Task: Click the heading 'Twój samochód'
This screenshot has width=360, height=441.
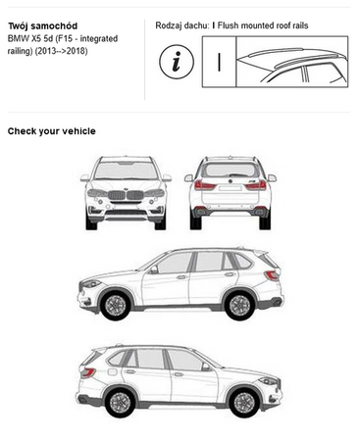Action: [x=42, y=26]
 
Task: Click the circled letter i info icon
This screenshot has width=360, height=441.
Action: [x=177, y=62]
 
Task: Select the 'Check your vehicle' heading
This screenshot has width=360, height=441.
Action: [x=52, y=131]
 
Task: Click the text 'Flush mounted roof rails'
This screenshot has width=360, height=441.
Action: [x=263, y=25]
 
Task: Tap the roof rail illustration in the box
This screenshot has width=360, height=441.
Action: [x=292, y=62]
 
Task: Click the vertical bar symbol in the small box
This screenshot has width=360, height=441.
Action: [x=219, y=62]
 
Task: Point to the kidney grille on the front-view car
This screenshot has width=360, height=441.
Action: [x=126, y=195]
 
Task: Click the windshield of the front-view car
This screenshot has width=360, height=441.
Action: [x=126, y=171]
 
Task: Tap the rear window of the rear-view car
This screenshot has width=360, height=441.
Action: [x=231, y=171]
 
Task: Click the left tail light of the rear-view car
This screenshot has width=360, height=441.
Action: [x=205, y=185]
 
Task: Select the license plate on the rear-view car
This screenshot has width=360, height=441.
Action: [x=231, y=188]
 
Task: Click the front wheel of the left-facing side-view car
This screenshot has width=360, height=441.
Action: [x=115, y=305]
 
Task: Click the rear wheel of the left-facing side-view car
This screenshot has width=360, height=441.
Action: [x=239, y=305]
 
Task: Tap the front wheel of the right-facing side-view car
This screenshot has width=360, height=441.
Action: [x=244, y=403]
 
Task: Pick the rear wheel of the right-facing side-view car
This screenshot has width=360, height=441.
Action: [x=120, y=403]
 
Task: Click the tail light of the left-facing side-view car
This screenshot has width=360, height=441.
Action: [x=272, y=276]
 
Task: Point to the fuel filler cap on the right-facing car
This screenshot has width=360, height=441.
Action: [x=112, y=371]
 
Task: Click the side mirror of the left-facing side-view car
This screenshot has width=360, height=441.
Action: [x=153, y=269]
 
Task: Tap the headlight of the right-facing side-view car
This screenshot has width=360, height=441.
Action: [x=269, y=381]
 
